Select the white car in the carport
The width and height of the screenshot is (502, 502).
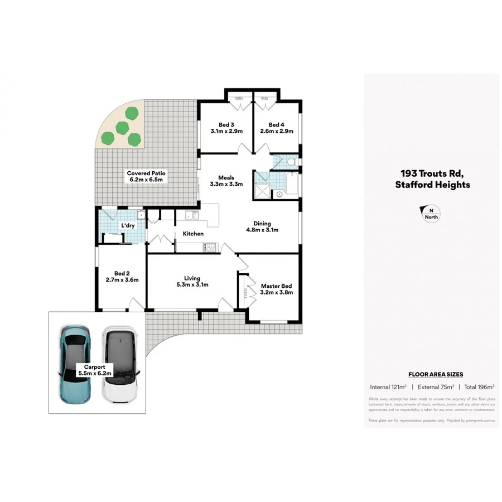coord(120,365)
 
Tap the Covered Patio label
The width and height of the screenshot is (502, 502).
coord(146,176)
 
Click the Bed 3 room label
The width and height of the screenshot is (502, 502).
coord(226,128)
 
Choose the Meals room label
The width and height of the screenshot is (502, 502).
coord(226,181)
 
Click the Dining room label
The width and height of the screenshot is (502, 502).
coord(262,226)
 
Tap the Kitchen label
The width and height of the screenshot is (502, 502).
coord(193,234)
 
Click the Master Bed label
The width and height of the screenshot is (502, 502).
coord(276,289)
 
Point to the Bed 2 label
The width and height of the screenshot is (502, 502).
coord(122,277)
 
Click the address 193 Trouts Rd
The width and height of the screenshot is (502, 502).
coord(432,173)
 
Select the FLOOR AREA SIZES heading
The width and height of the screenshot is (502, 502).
coord(436,375)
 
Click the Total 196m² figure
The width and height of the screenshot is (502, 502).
coord(479,387)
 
